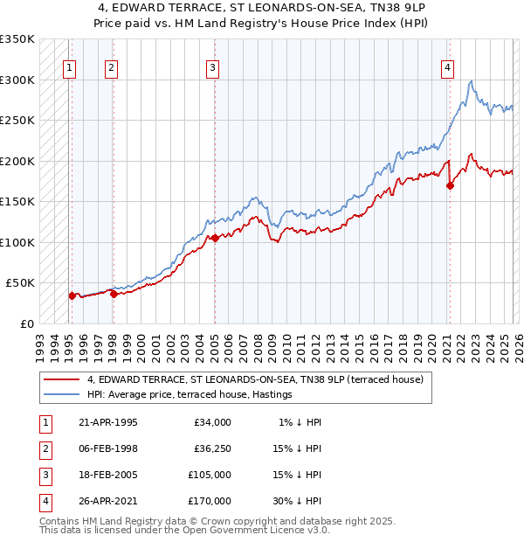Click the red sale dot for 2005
click(x=215, y=238)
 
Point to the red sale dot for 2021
click(x=450, y=185)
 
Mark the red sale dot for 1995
click(x=72, y=295)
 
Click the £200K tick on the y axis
click(x=17, y=161)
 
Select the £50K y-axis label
click(x=20, y=283)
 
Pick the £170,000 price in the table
click(x=210, y=501)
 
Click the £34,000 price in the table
click(x=212, y=422)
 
